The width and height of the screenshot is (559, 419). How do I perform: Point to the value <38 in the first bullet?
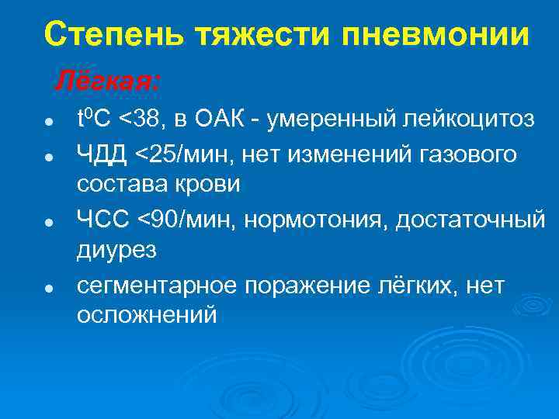(x=157, y=120)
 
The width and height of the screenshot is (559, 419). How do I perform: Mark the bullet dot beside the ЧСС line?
(x=48, y=222)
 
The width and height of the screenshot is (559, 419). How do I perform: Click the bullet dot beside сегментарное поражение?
(x=48, y=288)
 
